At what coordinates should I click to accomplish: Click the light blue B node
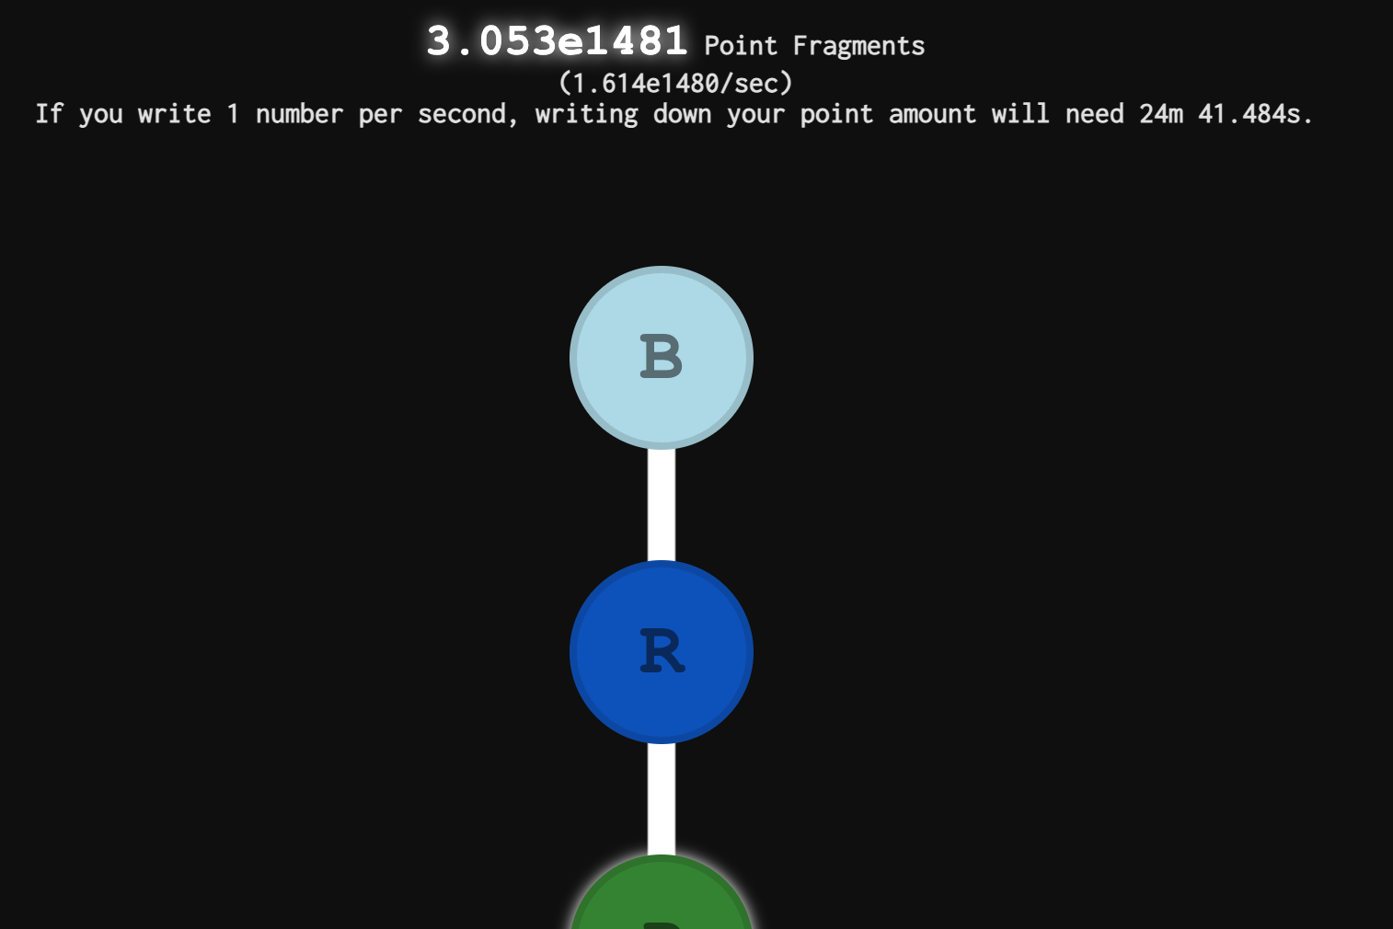pos(661,358)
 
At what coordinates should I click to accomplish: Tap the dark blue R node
pos(661,651)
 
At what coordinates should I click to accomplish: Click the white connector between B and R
pos(661,505)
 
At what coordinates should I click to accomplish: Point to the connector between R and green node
pos(661,799)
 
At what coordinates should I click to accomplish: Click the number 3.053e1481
pos(557,41)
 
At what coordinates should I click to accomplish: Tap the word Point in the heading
pos(741,46)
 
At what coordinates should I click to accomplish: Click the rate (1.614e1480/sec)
pos(675,84)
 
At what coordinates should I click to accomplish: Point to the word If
pos(49,114)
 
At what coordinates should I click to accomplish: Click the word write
pos(174,114)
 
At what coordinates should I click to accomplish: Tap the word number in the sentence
pos(299,114)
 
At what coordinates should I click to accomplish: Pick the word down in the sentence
pos(682,114)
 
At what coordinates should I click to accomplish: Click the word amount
pos(932,114)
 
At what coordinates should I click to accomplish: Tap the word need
pos(1095,114)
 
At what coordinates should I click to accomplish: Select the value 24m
pos(1161,114)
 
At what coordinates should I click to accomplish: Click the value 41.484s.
pos(1256,114)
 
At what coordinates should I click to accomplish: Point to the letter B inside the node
pos(661,356)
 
